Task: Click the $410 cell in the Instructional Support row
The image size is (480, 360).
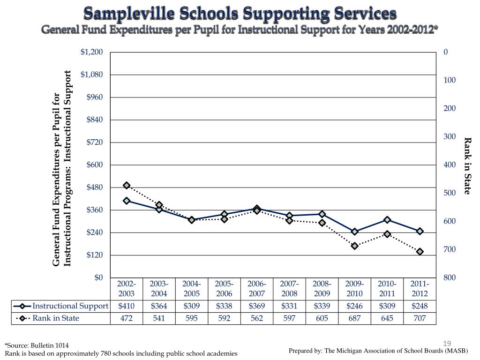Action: tap(127, 306)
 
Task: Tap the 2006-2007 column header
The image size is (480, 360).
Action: tap(257, 289)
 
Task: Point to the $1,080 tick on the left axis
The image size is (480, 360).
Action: tap(93, 75)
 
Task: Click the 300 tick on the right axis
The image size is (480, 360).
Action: tap(450, 136)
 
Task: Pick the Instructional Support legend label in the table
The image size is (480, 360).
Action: tap(70, 306)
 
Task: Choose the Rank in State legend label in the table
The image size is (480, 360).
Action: tap(56, 318)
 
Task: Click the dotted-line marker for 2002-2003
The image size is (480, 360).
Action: tap(127, 186)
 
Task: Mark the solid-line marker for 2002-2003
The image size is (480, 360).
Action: tap(127, 201)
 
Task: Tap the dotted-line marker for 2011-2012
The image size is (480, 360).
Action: tap(420, 252)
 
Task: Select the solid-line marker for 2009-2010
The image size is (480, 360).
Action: tap(355, 232)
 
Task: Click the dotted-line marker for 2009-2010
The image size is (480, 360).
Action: tap(355, 246)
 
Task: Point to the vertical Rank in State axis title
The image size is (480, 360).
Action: tap(467, 165)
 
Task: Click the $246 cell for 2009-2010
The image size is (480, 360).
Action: tap(355, 306)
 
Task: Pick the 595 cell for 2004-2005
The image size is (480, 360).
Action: tap(192, 318)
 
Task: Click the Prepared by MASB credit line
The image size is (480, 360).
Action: tap(378, 351)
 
